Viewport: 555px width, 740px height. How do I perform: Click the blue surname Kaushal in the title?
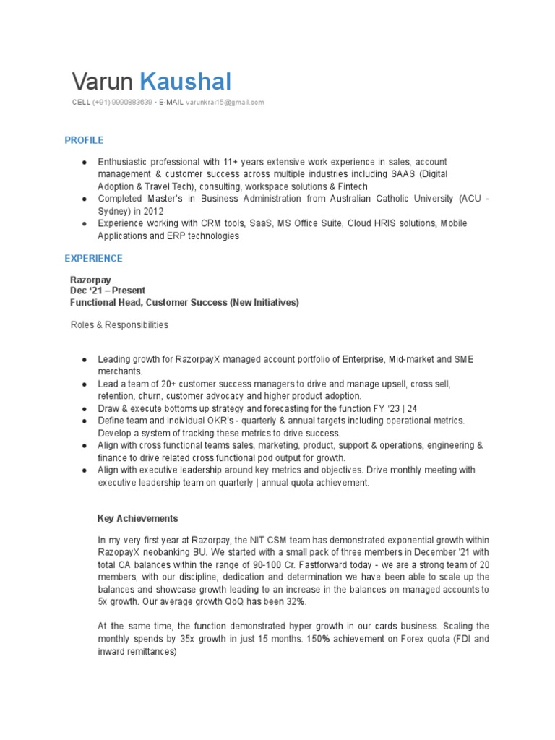pos(185,82)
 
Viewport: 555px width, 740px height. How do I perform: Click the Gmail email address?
pos(225,103)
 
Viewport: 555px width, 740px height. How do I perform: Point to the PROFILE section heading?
pos(84,140)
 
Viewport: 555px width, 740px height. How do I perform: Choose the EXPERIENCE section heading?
pos(93,258)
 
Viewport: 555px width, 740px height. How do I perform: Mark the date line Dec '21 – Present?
pos(107,291)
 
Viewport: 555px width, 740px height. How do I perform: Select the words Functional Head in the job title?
pos(104,302)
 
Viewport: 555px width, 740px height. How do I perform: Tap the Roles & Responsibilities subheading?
pos(119,325)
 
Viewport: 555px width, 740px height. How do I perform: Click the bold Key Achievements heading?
pos(137,518)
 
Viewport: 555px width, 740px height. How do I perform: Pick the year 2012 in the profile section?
pos(152,210)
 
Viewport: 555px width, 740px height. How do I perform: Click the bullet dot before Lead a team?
pos(85,384)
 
